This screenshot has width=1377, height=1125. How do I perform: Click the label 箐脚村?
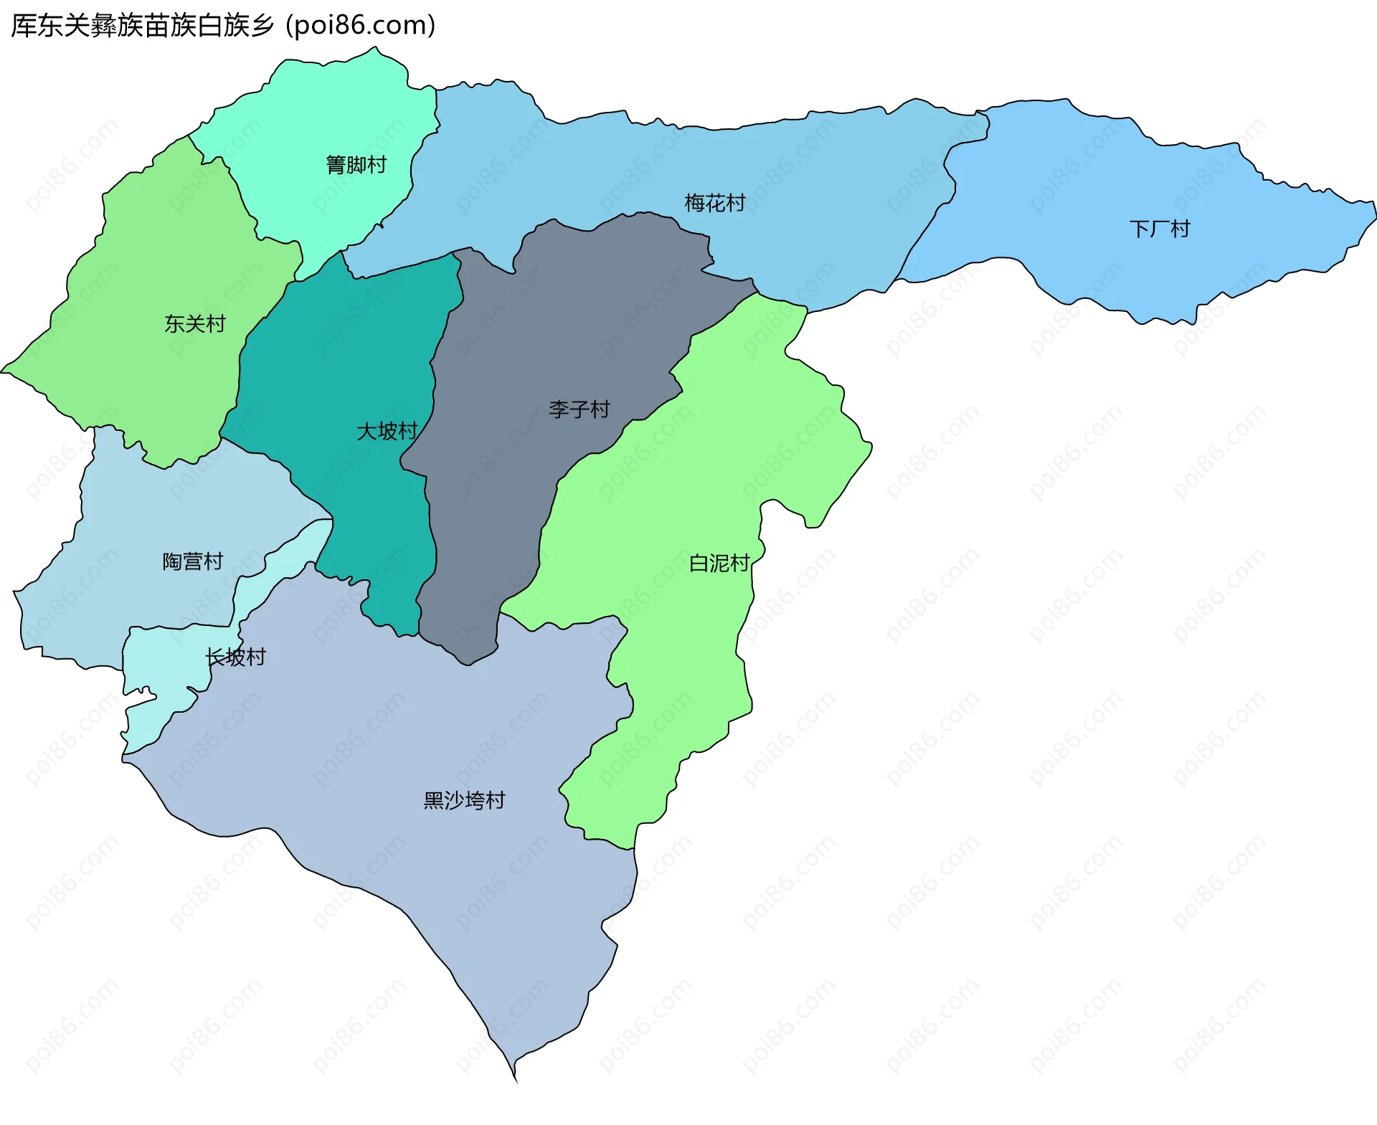(x=356, y=165)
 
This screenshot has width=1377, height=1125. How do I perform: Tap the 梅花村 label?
(x=714, y=203)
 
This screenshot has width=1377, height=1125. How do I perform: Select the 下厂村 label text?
(x=1159, y=229)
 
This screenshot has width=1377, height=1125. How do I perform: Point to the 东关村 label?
(x=194, y=323)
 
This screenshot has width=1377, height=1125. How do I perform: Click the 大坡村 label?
(x=387, y=431)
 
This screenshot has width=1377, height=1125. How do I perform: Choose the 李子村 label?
(x=579, y=409)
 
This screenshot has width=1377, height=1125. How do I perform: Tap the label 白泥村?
(x=719, y=563)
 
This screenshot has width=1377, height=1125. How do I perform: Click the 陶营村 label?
(x=192, y=561)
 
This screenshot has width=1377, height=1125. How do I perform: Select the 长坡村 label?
(x=235, y=656)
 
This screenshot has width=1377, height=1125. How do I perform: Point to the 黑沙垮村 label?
(x=464, y=799)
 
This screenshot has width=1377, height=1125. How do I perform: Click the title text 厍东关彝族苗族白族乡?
(x=142, y=26)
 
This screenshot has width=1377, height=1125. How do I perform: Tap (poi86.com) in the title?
(x=361, y=26)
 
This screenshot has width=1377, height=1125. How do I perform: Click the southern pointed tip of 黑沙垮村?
(x=516, y=1080)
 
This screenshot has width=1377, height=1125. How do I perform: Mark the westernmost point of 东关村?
(x=2, y=371)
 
